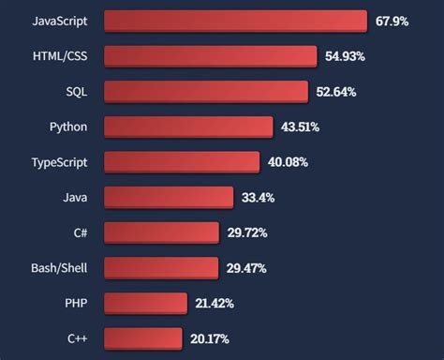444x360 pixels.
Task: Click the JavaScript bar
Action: [x=235, y=21]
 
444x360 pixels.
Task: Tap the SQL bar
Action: [x=205, y=91]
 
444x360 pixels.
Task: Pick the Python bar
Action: [x=187, y=127]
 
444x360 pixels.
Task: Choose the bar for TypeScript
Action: [x=181, y=162]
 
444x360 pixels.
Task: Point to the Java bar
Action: [x=169, y=197]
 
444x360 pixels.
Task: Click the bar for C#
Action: [x=161, y=232]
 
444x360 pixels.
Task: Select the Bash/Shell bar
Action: [x=160, y=268]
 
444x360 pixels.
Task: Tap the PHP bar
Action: [x=145, y=303]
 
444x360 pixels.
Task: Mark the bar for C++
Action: [x=142, y=338]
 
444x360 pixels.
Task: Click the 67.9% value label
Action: [x=392, y=21]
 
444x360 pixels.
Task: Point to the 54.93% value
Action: [x=346, y=56]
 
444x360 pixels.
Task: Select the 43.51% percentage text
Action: [x=300, y=127]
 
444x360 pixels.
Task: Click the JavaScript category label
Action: [x=60, y=21]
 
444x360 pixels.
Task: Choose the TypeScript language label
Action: [x=59, y=162]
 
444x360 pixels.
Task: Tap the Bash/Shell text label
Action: [x=59, y=268]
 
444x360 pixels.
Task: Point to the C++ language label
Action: [x=77, y=338]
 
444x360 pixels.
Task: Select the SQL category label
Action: [x=76, y=91]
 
